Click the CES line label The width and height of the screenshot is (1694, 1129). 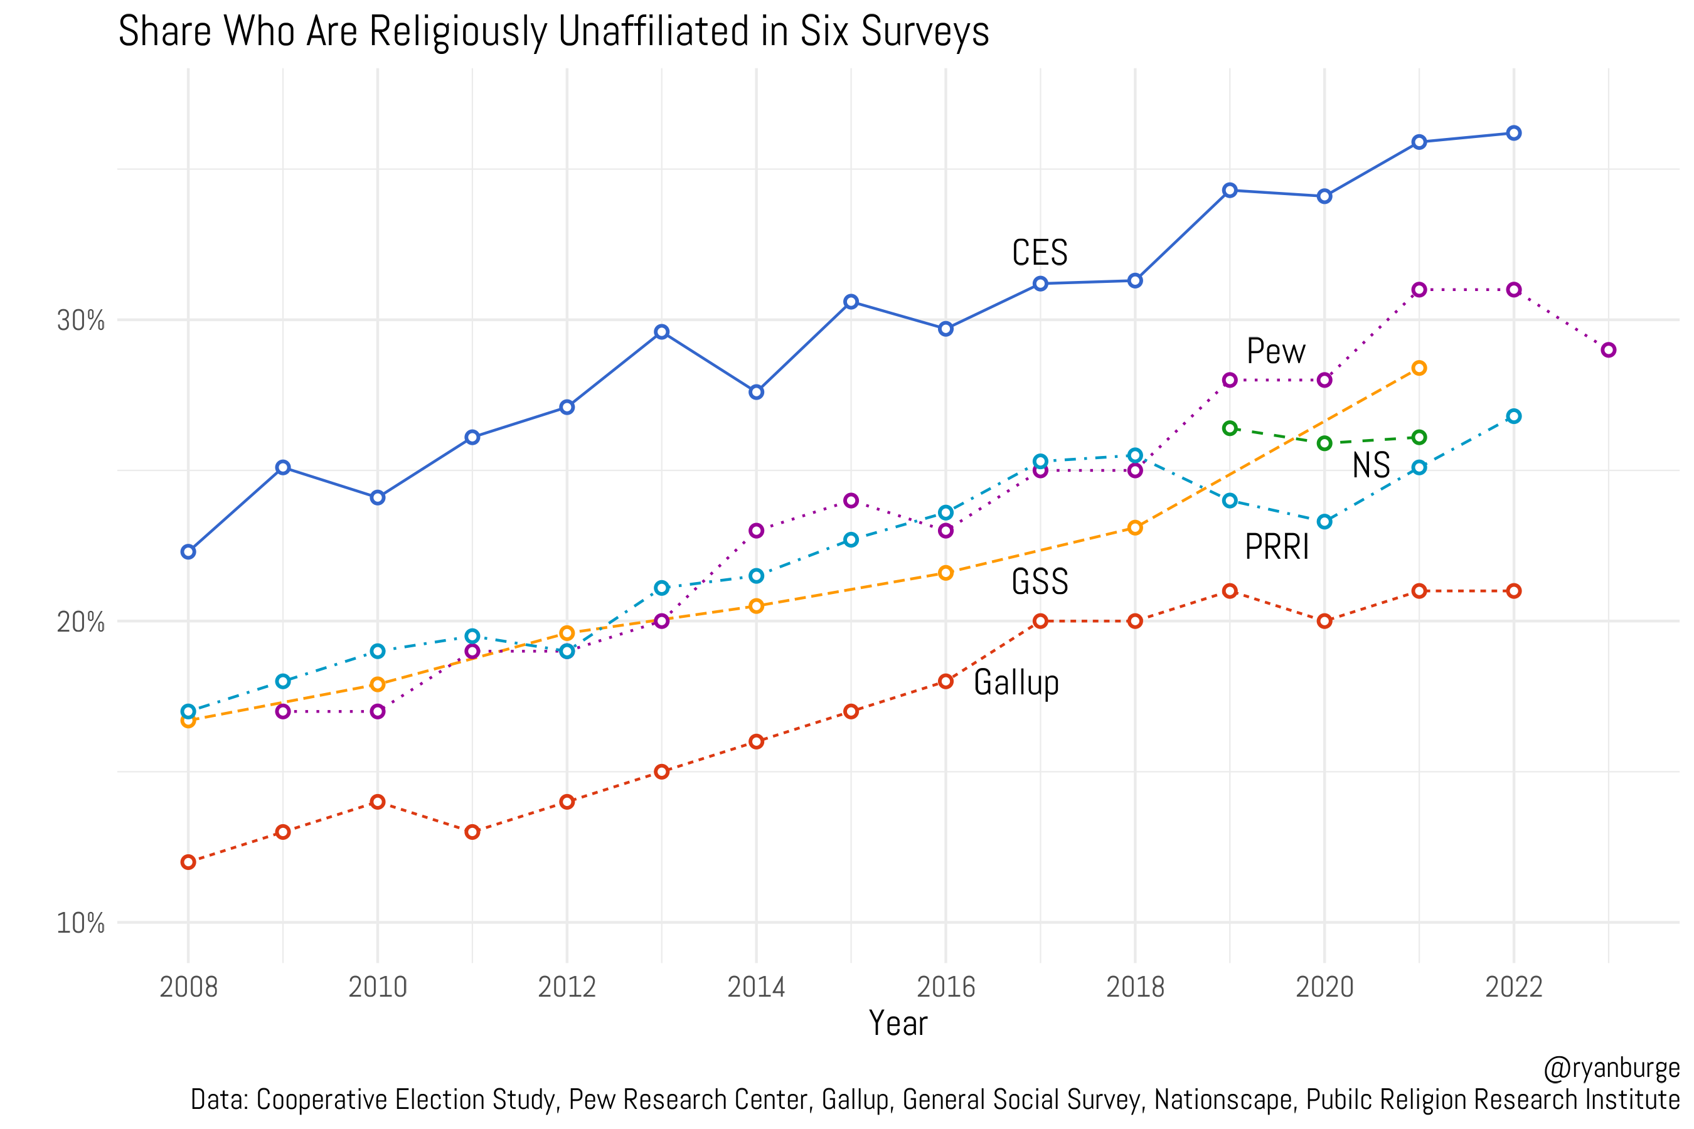coord(1040,253)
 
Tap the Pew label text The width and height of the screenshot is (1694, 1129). coord(1276,352)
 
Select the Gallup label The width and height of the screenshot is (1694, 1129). coord(1016,682)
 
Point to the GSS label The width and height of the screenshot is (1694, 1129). coord(1040,582)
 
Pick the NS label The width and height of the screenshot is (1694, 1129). coord(1371,465)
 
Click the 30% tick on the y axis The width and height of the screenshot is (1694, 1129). coord(81,321)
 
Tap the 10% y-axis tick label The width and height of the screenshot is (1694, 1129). coord(81,923)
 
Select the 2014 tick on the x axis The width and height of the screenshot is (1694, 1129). coord(755,987)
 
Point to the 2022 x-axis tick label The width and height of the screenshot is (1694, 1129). coord(1513,987)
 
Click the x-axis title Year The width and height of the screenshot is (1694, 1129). coord(897,1023)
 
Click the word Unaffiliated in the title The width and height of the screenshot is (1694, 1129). coord(653,33)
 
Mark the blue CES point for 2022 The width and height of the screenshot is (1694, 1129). coord(1514,133)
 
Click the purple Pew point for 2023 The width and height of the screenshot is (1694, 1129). coord(1608,350)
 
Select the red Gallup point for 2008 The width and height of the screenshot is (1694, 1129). coord(188,862)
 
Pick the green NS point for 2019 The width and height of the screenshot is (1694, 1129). coord(1230,428)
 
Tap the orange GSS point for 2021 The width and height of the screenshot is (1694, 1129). coord(1419,368)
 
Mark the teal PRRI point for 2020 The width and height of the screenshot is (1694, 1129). coord(1324,521)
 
